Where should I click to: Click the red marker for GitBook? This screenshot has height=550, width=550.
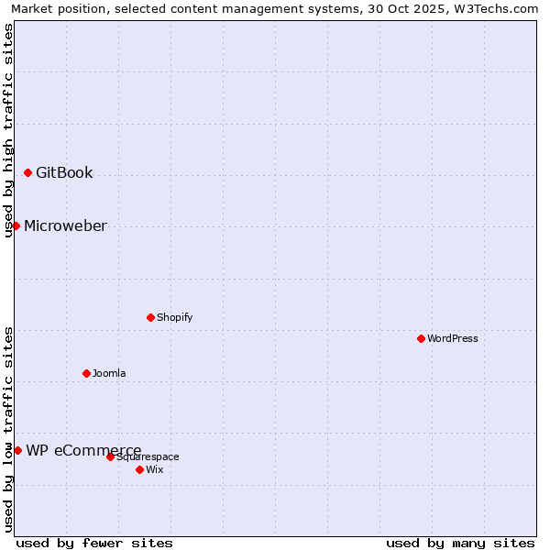pyautogui.click(x=27, y=172)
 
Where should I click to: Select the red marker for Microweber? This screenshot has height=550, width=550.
pyautogui.click(x=16, y=225)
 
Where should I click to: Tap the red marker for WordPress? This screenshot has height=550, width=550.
pyautogui.click(x=421, y=338)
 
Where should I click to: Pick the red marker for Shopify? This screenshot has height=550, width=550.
pyautogui.click(x=150, y=317)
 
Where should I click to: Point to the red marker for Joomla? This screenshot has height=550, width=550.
pyautogui.click(x=86, y=373)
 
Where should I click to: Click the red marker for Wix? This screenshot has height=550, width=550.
pyautogui.click(x=139, y=469)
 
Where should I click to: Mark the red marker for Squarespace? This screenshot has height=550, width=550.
pyautogui.click(x=110, y=456)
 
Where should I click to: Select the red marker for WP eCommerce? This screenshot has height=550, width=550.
pyautogui.click(x=17, y=450)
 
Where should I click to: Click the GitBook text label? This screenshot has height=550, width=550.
pyautogui.click(x=64, y=172)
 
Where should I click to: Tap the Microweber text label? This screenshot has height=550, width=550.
pyautogui.click(x=65, y=225)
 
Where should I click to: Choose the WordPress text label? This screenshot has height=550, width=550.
pyautogui.click(x=453, y=338)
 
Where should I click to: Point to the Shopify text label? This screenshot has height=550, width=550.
pyautogui.click(x=175, y=317)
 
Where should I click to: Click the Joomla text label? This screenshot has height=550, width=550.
pyautogui.click(x=109, y=373)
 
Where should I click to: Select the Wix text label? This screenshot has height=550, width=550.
pyautogui.click(x=155, y=469)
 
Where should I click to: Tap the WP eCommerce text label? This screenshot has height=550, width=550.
pyautogui.click(x=83, y=450)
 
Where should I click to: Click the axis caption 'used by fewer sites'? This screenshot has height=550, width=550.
pyautogui.click(x=94, y=543)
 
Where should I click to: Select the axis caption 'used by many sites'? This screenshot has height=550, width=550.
pyautogui.click(x=460, y=543)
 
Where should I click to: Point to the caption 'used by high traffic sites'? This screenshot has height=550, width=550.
pyautogui.click(x=8, y=130)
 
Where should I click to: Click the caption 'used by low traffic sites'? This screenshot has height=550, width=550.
pyautogui.click(x=8, y=428)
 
